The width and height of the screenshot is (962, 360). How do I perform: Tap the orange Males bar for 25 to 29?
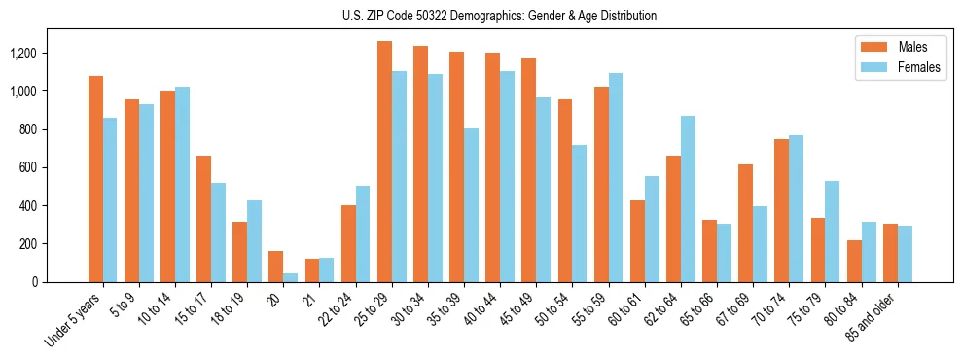384,162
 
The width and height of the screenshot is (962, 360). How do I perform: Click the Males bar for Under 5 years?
95,179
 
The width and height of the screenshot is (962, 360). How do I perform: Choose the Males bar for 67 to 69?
745,223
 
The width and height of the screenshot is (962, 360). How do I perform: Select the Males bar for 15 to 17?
203,219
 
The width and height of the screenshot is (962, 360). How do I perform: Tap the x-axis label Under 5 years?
74,321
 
